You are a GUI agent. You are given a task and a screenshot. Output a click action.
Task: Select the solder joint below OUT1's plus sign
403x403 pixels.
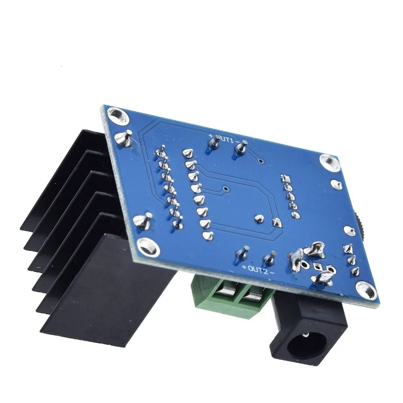(x=212, y=143)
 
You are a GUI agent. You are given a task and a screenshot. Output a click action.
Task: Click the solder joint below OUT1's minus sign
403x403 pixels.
(x=241, y=148)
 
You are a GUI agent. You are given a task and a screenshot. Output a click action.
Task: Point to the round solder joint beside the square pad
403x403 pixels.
(x=259, y=219)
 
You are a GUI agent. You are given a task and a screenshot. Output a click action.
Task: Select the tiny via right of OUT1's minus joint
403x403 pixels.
(x=261, y=161)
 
